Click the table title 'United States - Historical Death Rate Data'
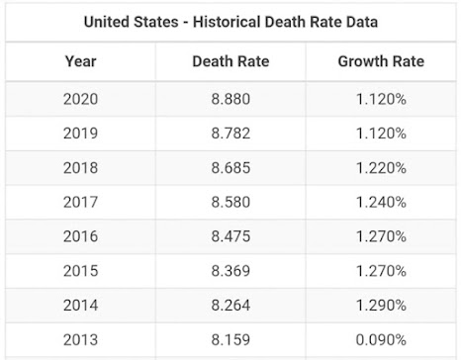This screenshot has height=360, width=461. click(230, 22)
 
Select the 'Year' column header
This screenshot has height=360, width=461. click(80, 61)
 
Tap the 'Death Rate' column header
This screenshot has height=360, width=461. click(230, 61)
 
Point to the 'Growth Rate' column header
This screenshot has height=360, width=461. click(381, 61)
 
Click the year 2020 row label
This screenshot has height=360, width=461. click(80, 99)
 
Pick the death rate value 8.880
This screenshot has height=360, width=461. click(230, 99)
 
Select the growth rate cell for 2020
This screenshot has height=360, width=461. click(381, 99)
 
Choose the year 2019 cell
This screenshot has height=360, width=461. click(80, 134)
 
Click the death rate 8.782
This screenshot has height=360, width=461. click(230, 134)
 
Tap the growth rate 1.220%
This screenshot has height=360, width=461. click(381, 168)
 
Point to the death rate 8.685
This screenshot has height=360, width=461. click(230, 168)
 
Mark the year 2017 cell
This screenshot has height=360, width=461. click(80, 202)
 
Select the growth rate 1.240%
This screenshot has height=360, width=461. click(381, 202)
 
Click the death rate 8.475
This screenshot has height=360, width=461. click(230, 236)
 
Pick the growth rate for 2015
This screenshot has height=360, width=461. click(381, 271)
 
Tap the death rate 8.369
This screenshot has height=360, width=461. click(230, 271)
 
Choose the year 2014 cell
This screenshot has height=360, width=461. click(80, 306)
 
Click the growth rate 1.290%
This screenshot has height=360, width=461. click(381, 306)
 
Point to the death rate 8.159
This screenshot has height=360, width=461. click(230, 340)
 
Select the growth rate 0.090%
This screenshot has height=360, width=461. click(381, 340)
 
